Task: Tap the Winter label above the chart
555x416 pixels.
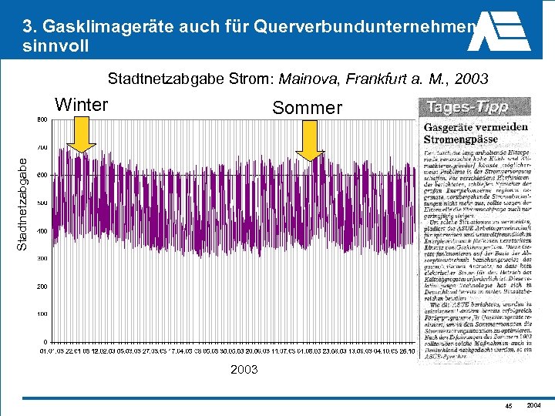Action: click(82, 105)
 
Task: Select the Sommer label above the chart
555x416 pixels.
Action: click(307, 108)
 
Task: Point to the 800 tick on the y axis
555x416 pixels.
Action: click(41, 119)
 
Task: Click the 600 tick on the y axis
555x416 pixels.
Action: click(41, 175)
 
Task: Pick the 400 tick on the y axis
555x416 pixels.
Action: click(41, 231)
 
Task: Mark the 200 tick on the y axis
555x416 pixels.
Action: click(41, 287)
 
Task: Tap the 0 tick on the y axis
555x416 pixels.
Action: click(45, 342)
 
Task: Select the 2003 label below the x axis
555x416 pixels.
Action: click(244, 370)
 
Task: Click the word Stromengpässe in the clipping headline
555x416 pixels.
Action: click(462, 139)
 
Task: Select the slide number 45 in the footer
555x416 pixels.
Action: click(508, 406)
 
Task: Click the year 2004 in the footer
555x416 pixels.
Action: click(533, 405)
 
